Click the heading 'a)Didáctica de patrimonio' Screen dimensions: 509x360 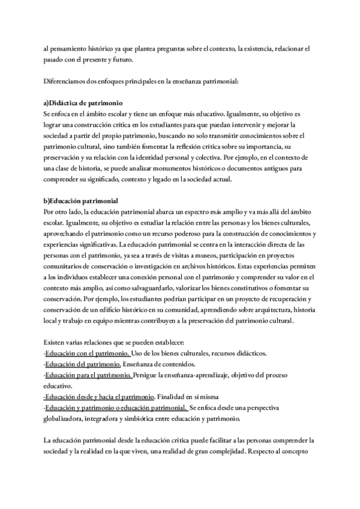[84, 103]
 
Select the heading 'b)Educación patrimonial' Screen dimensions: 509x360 [81, 200]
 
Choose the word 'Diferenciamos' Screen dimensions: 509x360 [66, 81]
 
